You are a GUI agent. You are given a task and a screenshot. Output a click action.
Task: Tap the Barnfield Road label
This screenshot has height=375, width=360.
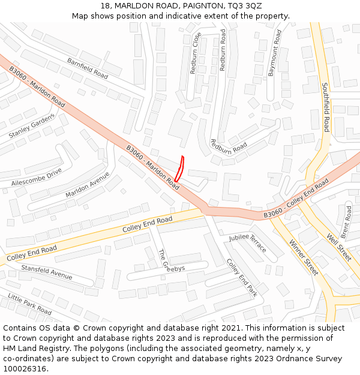pyautogui.click(x=88, y=69)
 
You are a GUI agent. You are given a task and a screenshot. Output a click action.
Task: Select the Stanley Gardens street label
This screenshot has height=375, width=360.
pyautogui.click(x=32, y=126)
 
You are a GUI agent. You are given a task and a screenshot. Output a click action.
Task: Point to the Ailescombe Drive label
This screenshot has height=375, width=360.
pyautogui.click(x=37, y=178)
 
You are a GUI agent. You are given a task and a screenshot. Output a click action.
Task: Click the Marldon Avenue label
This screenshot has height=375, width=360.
pyautogui.click(x=88, y=185)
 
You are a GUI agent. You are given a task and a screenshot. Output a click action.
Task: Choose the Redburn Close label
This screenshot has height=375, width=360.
pyautogui.click(x=196, y=53)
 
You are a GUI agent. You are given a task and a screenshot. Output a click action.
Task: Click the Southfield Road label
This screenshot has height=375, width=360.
pyautogui.click(x=325, y=107)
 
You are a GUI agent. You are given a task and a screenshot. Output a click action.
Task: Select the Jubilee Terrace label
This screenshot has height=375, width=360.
pyautogui.click(x=247, y=242)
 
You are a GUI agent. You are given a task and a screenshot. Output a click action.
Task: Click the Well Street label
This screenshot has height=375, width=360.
pyautogui.click(x=339, y=245)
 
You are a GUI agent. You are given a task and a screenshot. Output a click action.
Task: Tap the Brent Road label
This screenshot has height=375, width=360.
pyautogui.click(x=346, y=221)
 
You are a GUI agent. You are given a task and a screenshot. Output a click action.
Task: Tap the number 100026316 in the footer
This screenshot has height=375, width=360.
pyautogui.click(x=25, y=368)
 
